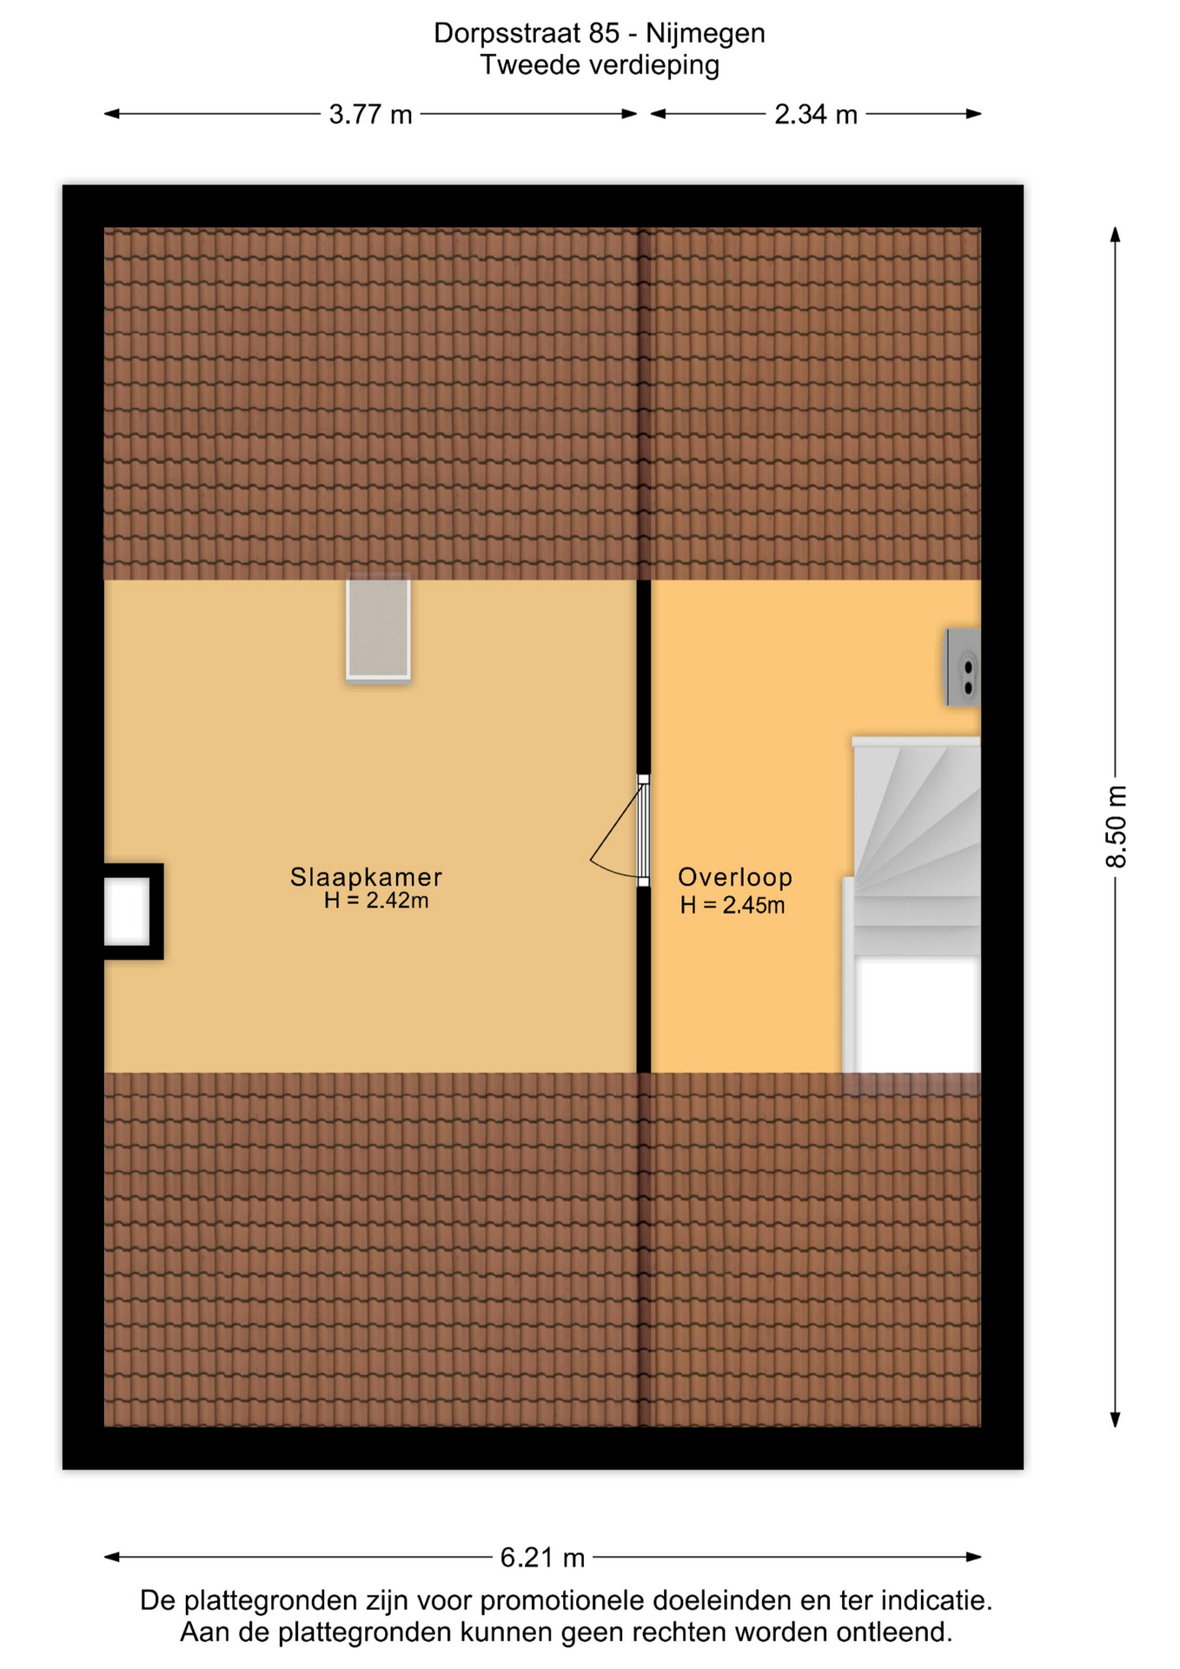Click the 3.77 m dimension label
click(x=370, y=115)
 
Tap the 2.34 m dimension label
click(x=816, y=115)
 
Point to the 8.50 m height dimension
click(x=1116, y=827)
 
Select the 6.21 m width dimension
click(x=542, y=1557)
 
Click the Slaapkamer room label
click(x=366, y=877)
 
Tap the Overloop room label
click(x=735, y=877)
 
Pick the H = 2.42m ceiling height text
click(x=376, y=901)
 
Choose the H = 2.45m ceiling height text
click(x=733, y=906)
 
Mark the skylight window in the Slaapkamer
click(x=378, y=629)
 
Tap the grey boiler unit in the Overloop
click(x=963, y=668)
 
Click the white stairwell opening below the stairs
click(x=918, y=1015)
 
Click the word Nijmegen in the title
click(x=705, y=33)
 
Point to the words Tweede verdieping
click(x=600, y=65)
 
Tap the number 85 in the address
click(x=604, y=33)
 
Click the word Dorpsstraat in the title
click(x=507, y=33)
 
